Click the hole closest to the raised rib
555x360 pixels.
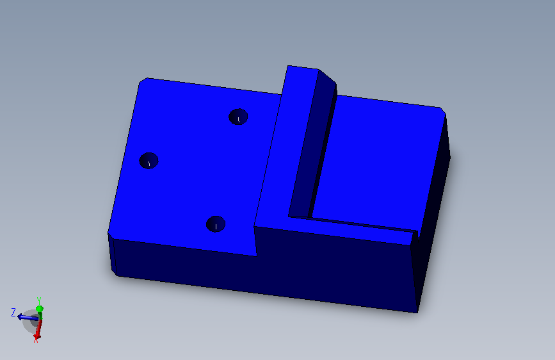click(238, 117)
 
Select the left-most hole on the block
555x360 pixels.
click(149, 161)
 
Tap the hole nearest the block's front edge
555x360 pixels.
click(216, 224)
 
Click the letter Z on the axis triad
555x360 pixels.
click(13, 313)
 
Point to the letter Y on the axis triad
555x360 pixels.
click(39, 301)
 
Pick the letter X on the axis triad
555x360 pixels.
click(36, 341)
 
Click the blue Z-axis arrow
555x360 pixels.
click(28, 317)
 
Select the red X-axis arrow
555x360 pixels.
click(38, 329)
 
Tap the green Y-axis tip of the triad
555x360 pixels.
click(40, 309)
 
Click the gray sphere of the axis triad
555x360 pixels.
click(31, 322)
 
